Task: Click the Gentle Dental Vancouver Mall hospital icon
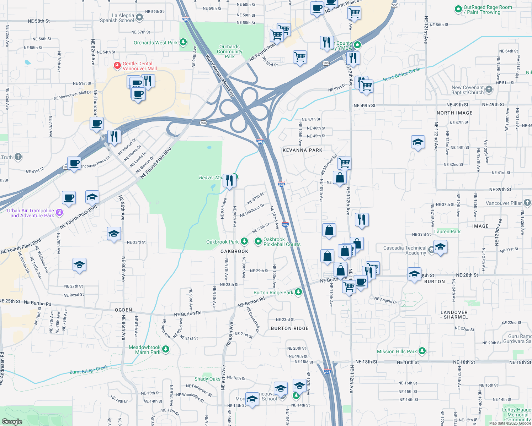tap(117, 66)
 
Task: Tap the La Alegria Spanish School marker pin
tap(139, 17)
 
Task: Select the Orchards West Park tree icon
tap(183, 43)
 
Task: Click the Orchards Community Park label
tap(230, 51)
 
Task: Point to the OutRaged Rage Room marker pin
tap(458, 10)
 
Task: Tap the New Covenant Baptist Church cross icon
tap(489, 89)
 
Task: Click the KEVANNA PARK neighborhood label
tap(302, 150)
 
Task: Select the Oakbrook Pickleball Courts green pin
tap(258, 241)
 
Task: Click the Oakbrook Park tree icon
tap(244, 241)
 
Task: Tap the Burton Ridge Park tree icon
tap(298, 292)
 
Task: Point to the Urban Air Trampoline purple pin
tap(59, 212)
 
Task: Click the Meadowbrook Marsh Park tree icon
tap(165, 349)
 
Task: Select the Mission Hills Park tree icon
tap(422, 351)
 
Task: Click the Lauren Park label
tap(447, 231)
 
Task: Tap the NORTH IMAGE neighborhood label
tap(454, 113)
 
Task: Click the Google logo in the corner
tap(12, 421)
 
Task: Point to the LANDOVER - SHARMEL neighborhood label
tap(454, 315)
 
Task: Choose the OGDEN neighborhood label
tap(123, 310)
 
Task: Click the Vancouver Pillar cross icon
tap(527, 203)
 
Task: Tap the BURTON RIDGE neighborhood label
tap(289, 328)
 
